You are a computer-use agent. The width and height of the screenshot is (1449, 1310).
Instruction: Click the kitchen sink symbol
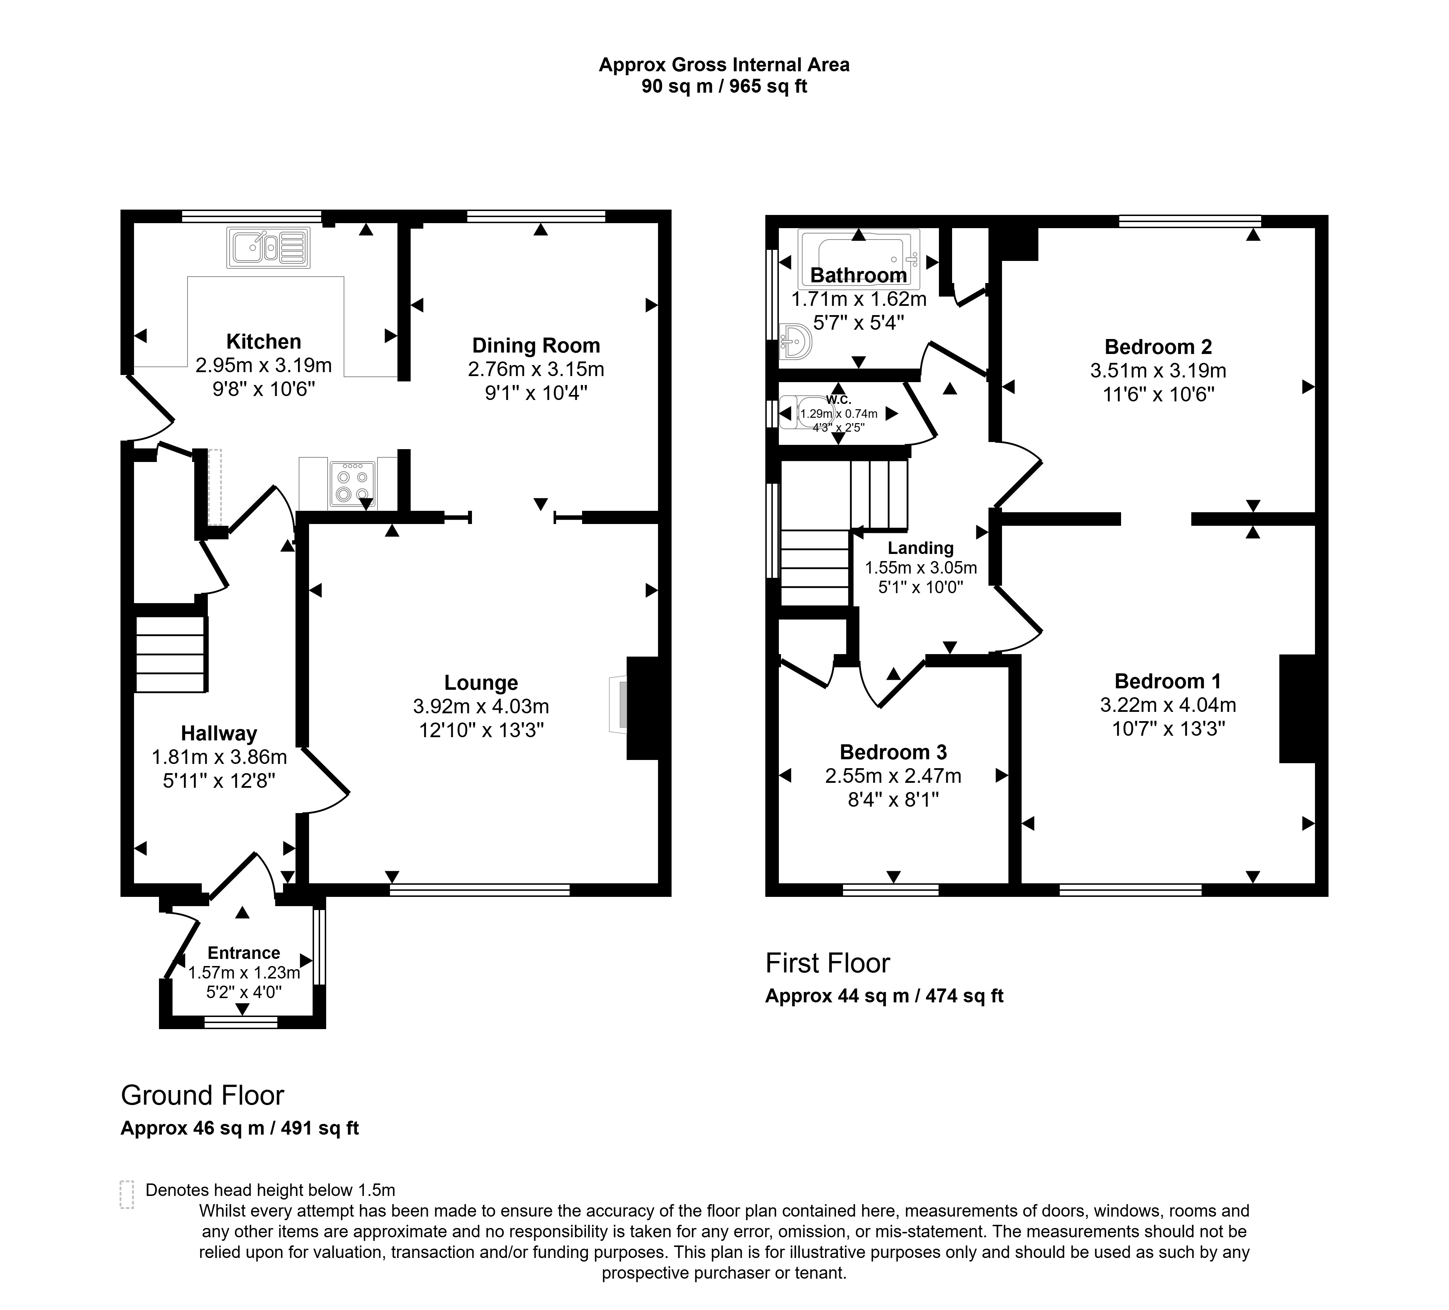pyautogui.click(x=268, y=248)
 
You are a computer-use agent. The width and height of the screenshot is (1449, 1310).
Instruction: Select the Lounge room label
pyautogui.click(x=481, y=683)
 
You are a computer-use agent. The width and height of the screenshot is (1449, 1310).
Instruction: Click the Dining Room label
pyautogui.click(x=536, y=346)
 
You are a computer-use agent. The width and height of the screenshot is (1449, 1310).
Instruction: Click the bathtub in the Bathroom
pyautogui.click(x=859, y=259)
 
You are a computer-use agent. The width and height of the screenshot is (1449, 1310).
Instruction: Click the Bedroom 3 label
pyautogui.click(x=893, y=752)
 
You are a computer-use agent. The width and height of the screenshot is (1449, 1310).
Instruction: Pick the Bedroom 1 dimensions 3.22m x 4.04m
pyautogui.click(x=1168, y=705)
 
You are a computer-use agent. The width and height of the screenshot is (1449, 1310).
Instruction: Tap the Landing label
pyautogui.click(x=921, y=548)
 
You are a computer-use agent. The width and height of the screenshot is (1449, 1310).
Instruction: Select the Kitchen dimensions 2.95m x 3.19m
pyautogui.click(x=264, y=366)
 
